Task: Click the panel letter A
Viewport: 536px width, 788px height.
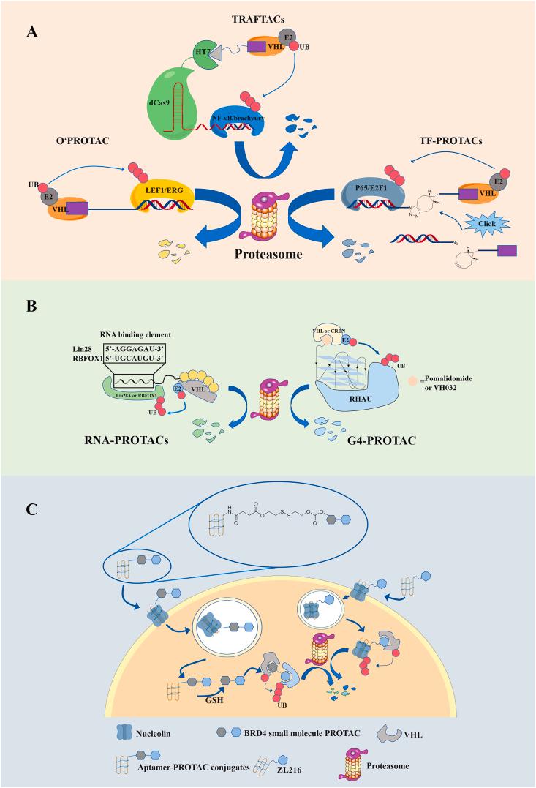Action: click(31, 31)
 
